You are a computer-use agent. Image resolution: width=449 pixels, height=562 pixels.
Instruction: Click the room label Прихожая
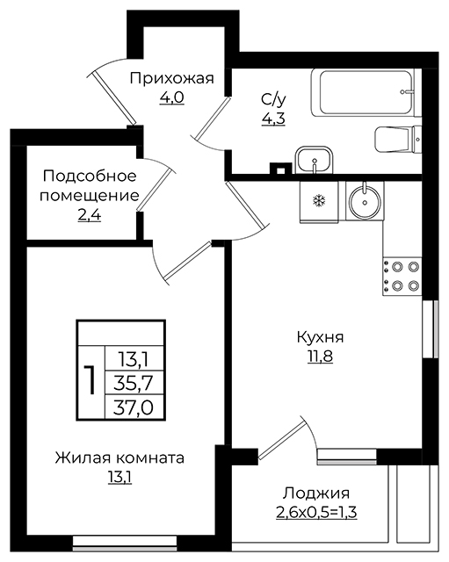(x=172, y=78)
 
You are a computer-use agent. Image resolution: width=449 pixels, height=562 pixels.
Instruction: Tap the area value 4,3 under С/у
(x=273, y=119)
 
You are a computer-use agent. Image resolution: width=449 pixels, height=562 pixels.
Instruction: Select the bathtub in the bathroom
(x=366, y=93)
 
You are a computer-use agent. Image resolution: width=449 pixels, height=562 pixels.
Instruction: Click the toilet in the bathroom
(x=398, y=139)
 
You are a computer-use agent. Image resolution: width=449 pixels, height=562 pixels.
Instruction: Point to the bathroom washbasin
(x=315, y=161)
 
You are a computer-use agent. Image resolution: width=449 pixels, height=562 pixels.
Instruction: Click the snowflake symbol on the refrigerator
(x=318, y=201)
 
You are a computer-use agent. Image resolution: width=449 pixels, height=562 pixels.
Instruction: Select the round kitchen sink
(x=365, y=201)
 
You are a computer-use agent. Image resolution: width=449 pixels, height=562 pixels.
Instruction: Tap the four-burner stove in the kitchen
(x=402, y=277)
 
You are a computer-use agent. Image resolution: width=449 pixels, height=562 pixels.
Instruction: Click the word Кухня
(x=320, y=337)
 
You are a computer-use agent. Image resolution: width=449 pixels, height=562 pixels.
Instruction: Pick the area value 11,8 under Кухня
(x=320, y=357)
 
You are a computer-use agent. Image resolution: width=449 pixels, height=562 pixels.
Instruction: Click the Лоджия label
(x=316, y=494)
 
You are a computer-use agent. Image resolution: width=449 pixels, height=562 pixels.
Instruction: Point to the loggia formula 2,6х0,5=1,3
(x=316, y=513)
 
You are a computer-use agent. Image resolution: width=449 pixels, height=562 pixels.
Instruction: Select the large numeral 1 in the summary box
(x=90, y=380)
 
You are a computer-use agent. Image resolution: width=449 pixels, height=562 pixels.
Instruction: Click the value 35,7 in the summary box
(x=134, y=384)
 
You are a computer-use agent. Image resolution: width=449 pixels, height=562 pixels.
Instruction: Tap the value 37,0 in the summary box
(x=134, y=407)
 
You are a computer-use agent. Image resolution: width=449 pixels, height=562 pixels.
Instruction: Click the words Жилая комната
(x=119, y=458)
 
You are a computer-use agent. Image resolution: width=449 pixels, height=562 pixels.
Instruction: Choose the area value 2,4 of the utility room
(x=90, y=215)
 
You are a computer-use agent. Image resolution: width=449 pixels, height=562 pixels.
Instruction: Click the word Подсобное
(x=90, y=176)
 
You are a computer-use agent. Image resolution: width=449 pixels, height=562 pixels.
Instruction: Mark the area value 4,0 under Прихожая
(x=172, y=97)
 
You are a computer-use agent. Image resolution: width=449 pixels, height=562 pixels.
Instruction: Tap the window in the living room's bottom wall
(x=125, y=543)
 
